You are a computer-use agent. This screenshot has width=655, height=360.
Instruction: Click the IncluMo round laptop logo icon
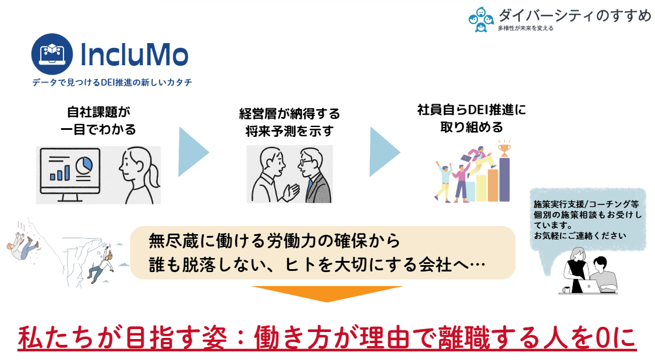52,54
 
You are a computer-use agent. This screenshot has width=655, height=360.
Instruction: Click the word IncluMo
134,55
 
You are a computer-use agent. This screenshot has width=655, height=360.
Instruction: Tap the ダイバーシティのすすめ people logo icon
481,19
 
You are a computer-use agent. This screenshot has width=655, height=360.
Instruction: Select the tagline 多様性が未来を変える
526,29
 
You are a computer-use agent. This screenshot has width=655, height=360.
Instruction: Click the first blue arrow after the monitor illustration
193,152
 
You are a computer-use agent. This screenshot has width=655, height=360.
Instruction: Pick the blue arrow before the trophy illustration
385,152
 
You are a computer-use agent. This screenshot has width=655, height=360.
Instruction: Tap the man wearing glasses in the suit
314,175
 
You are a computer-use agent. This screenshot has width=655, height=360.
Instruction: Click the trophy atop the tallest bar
504,147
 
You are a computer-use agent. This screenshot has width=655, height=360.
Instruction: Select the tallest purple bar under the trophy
504,179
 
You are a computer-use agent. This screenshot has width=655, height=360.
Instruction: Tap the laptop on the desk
589,287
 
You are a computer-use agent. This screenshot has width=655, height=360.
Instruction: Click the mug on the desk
567,290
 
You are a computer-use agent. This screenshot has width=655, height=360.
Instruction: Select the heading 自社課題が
98,112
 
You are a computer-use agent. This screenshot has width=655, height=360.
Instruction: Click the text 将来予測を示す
289,131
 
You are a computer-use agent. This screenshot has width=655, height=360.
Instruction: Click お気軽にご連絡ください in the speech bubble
580,236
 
